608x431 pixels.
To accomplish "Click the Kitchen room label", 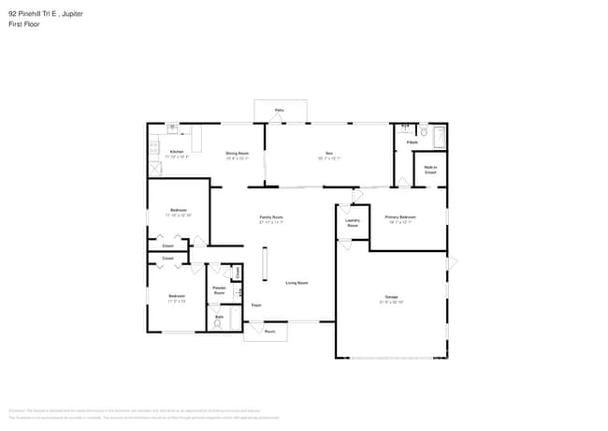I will [177, 152].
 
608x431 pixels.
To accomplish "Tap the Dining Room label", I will [237, 153].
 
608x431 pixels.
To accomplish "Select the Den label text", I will [329, 153].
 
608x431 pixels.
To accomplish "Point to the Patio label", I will [279, 111].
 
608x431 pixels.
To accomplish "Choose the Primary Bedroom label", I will [400, 216].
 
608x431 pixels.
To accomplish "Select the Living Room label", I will [297, 282].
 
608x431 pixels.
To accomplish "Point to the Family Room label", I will [271, 216].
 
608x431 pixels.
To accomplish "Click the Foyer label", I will [255, 305].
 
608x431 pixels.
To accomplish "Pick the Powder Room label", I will [220, 290].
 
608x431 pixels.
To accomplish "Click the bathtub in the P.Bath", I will [440, 137].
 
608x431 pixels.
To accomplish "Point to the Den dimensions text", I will [329, 157].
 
